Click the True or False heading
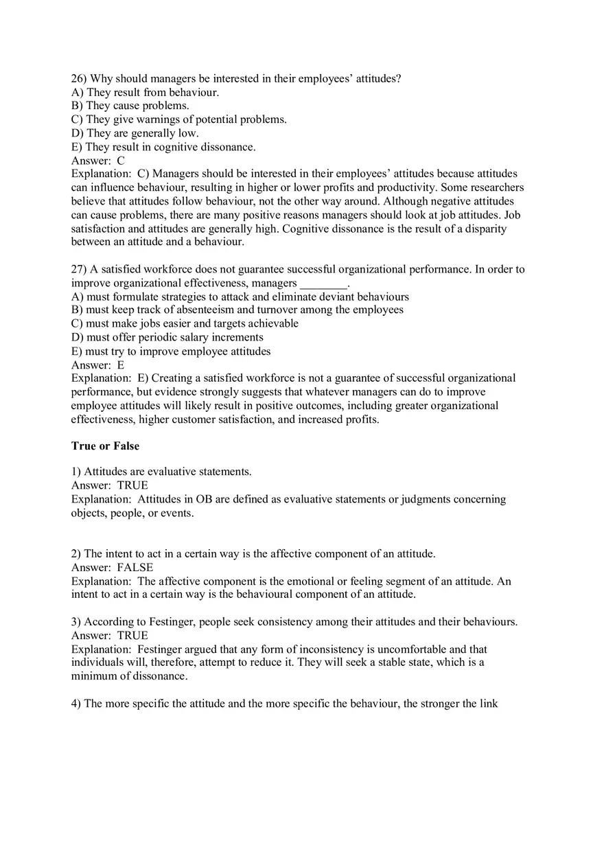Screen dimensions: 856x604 click(105, 446)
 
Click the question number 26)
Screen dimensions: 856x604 click(79, 78)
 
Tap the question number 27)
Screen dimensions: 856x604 click(79, 269)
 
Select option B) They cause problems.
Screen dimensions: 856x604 click(130, 106)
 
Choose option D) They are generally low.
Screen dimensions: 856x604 click(135, 133)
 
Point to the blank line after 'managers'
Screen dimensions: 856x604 click(324, 284)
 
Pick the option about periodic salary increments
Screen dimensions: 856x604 click(167, 337)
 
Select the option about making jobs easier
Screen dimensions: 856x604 click(185, 323)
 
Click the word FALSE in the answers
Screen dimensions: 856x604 click(135, 568)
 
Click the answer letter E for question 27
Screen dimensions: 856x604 click(121, 365)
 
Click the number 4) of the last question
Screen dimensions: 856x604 click(76, 704)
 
